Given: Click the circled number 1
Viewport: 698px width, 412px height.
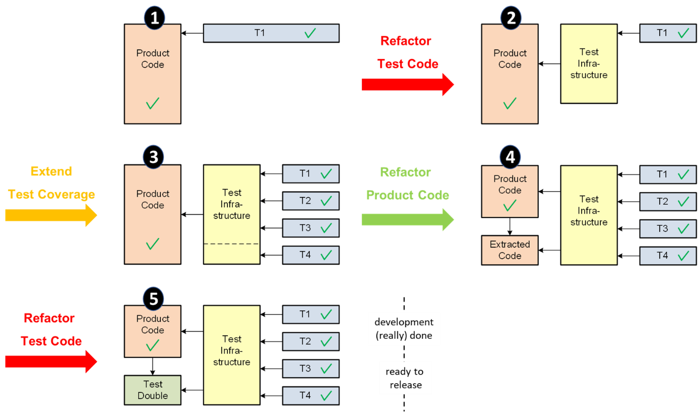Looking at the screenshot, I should pos(154,18).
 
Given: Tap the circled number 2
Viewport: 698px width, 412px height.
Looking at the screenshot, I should pos(511,18).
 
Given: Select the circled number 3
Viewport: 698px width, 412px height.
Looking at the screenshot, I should pos(153,157).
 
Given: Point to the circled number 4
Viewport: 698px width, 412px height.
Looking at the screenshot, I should pos(510,157).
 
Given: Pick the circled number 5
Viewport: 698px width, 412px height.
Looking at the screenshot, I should pos(153,299).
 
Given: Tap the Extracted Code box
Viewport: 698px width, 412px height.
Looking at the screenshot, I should pos(510,250).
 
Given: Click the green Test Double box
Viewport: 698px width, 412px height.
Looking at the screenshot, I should pos(153,390).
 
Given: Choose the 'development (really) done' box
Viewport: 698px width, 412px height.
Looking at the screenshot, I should pos(404,329).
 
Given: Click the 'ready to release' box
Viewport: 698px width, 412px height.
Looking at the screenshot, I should pos(405,378).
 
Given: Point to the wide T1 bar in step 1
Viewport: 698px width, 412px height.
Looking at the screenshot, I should pos(271,33).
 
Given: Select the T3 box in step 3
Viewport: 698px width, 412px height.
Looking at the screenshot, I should pos(310,228).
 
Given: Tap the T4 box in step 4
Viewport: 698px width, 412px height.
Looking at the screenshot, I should pos(668,256).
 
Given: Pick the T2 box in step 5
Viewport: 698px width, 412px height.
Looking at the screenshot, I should pos(310,342).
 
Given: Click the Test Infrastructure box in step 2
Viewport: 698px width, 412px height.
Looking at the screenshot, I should pos(589,64).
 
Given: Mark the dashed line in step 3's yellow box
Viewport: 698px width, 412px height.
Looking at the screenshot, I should pos(231,244).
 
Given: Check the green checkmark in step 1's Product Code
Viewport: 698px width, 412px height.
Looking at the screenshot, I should pos(153,104).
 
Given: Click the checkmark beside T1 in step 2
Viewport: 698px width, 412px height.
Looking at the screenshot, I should pos(683,34).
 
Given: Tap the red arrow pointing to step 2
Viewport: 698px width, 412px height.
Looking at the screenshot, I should pos(407,84).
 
